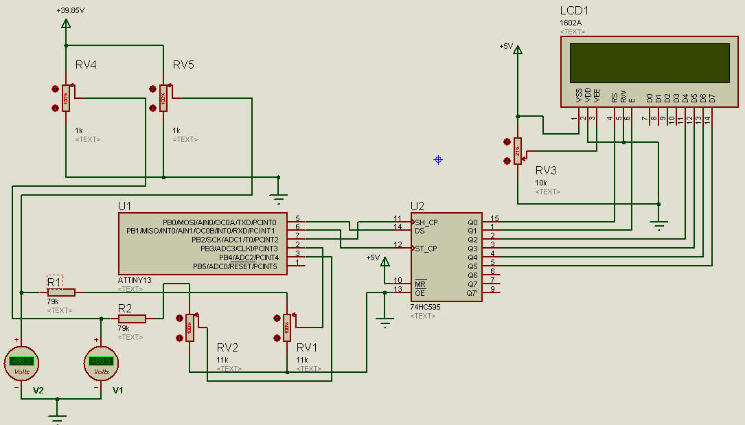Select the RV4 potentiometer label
click(x=86, y=65)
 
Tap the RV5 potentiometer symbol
click(x=163, y=98)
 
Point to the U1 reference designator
click(x=124, y=206)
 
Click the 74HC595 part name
click(x=425, y=307)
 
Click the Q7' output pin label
click(x=472, y=293)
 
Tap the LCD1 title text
click(x=574, y=11)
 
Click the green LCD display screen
click(x=650, y=62)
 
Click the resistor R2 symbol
click(x=132, y=319)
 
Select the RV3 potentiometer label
click(x=546, y=171)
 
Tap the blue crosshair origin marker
click(x=438, y=160)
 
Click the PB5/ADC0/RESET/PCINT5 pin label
click(x=235, y=266)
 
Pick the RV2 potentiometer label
click(x=227, y=347)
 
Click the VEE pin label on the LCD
click(x=597, y=95)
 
